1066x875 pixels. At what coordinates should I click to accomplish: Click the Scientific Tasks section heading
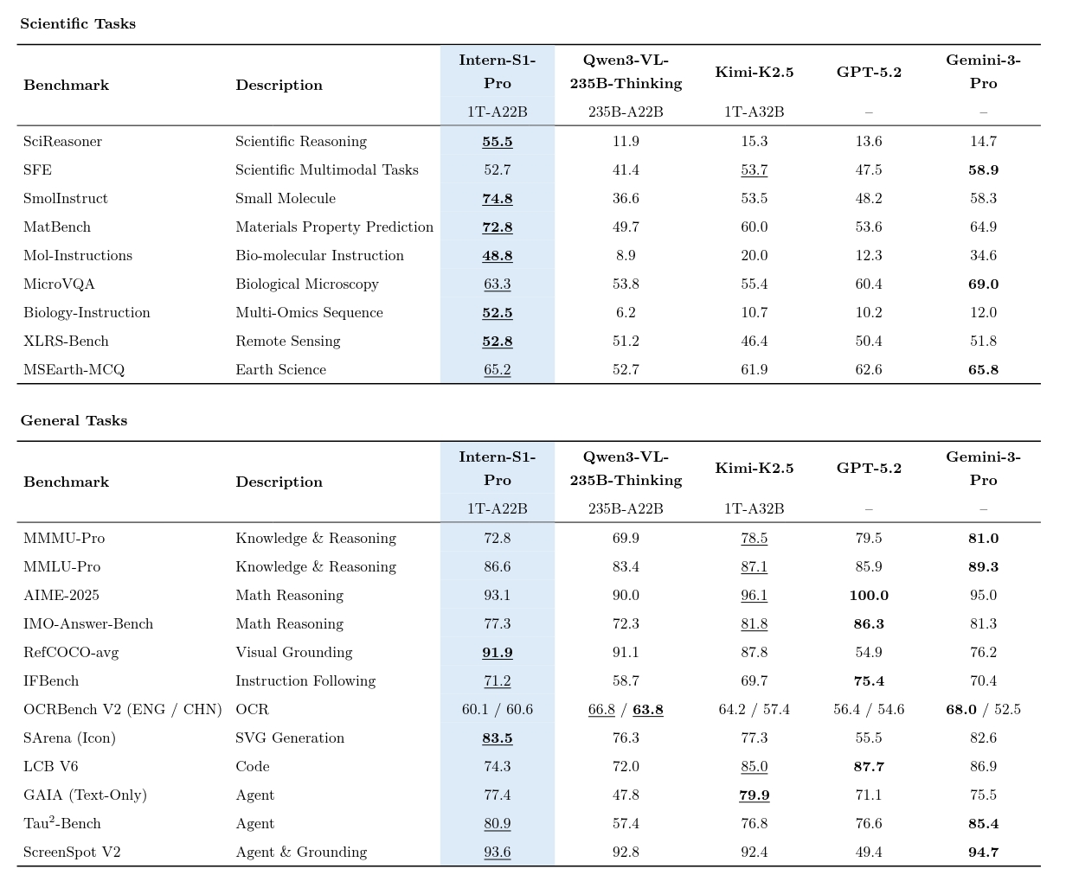[x=78, y=24]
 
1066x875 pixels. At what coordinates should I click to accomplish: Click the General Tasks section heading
[x=74, y=421]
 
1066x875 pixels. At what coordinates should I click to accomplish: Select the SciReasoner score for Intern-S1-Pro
[x=498, y=142]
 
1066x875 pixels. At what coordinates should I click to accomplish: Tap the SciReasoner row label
[x=62, y=142]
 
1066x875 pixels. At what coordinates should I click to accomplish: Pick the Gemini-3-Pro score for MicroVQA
[x=983, y=284]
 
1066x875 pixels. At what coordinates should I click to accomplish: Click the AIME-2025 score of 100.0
[x=869, y=596]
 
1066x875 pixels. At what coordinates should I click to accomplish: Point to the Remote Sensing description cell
[x=287, y=342]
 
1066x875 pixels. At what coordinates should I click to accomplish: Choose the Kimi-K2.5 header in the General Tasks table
[x=754, y=469]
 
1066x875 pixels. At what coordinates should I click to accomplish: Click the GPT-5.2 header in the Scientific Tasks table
[x=869, y=73]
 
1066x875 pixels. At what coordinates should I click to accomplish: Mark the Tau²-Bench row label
[x=62, y=824]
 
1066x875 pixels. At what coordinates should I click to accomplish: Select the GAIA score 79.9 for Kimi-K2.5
[x=754, y=795]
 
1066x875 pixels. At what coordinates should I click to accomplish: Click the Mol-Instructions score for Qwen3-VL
[x=626, y=256]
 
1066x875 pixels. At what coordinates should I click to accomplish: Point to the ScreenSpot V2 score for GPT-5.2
[x=869, y=853]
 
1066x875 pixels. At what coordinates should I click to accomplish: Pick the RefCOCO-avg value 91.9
[x=498, y=653]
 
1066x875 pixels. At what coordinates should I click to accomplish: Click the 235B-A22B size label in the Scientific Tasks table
[x=626, y=112]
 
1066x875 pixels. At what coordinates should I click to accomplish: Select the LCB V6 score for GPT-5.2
[x=869, y=767]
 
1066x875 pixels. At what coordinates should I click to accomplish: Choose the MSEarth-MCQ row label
[x=74, y=370]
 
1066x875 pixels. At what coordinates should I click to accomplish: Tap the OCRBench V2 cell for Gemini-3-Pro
[x=983, y=710]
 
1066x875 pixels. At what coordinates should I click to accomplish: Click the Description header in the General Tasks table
[x=279, y=482]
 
